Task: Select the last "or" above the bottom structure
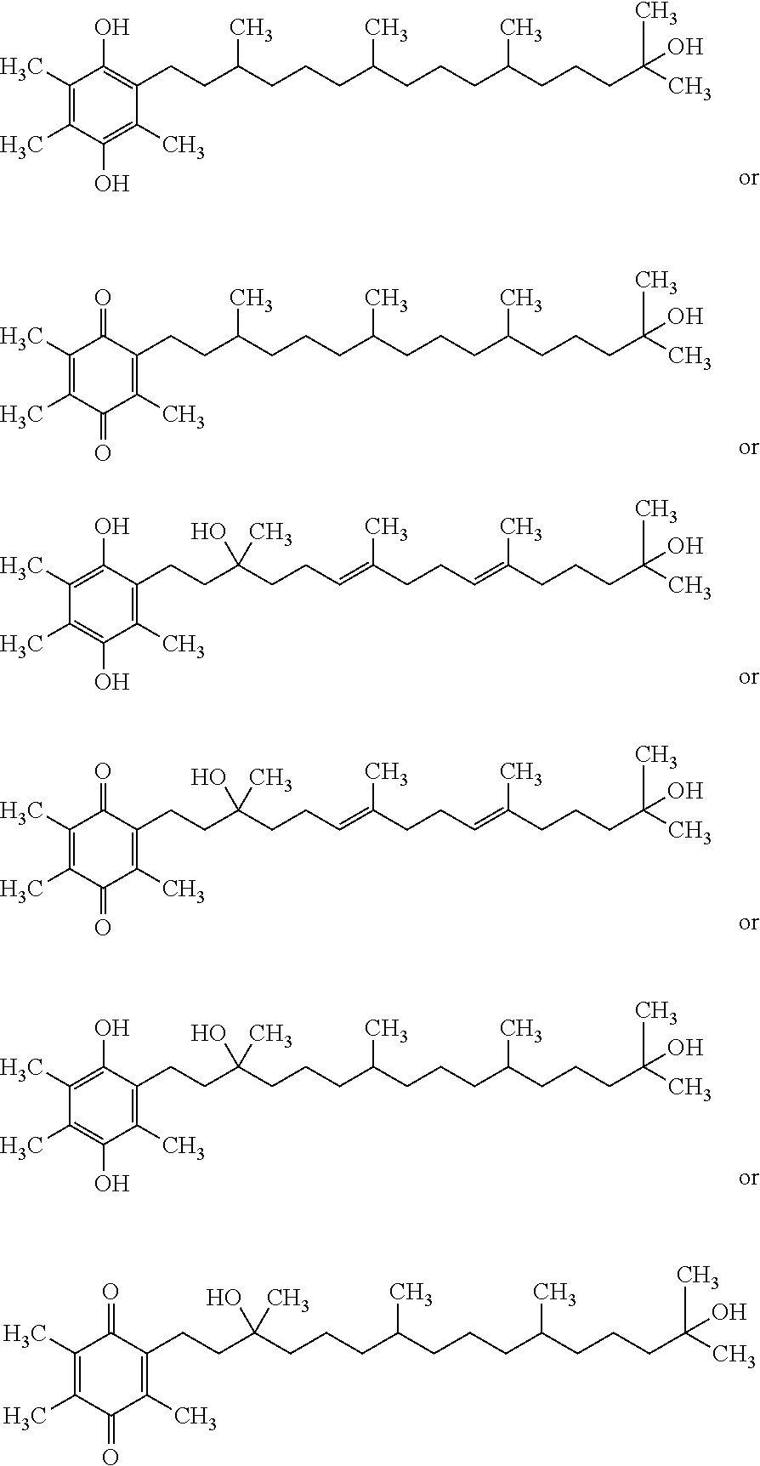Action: click(x=748, y=1179)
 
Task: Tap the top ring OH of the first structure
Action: click(x=111, y=28)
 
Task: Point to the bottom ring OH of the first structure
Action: click(x=111, y=183)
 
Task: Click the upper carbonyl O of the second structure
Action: click(x=103, y=298)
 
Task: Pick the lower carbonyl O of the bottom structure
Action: click(x=111, y=1455)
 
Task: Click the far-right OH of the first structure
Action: click(x=686, y=48)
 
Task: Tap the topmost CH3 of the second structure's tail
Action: click(x=657, y=281)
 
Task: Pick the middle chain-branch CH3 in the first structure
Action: click(x=386, y=30)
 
